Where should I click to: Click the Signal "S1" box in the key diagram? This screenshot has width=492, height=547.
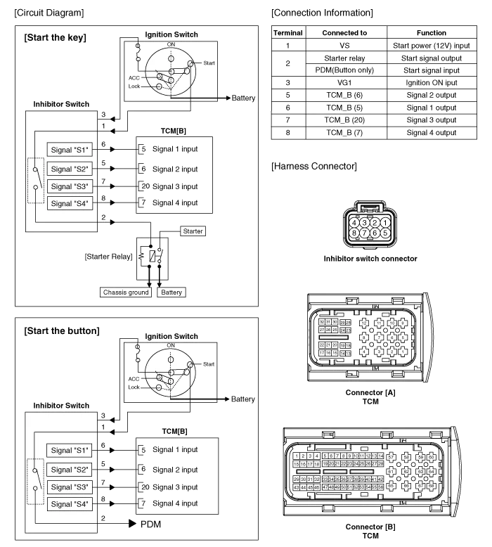70,150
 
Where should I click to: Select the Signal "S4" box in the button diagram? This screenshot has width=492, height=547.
70,504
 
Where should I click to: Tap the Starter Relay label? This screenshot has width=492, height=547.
109,257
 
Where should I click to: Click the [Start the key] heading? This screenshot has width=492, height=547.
56,38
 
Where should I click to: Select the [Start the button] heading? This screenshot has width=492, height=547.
62,331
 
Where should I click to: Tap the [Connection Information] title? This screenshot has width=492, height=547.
321,13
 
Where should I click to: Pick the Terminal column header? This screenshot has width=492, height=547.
287,32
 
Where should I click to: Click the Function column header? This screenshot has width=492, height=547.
431,32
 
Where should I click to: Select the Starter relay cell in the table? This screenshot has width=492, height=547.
344,58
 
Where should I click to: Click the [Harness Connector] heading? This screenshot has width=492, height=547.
314,167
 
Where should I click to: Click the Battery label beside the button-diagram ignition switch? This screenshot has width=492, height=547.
242,399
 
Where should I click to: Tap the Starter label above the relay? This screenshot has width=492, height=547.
193,231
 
